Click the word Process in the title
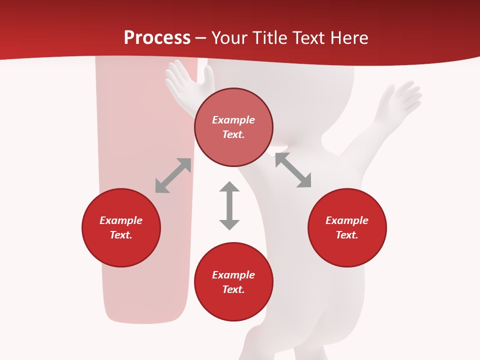[x=157, y=38]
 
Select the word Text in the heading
[x=308, y=38]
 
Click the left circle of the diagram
[x=121, y=245]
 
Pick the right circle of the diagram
[x=347, y=245]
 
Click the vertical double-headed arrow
[x=229, y=205]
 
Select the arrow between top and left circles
[x=173, y=175]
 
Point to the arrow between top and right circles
[x=293, y=170]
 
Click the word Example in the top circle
[x=233, y=120]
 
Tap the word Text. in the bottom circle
[x=233, y=289]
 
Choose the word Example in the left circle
[x=121, y=220]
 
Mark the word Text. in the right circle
[x=347, y=235]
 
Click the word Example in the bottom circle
[x=233, y=275]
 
